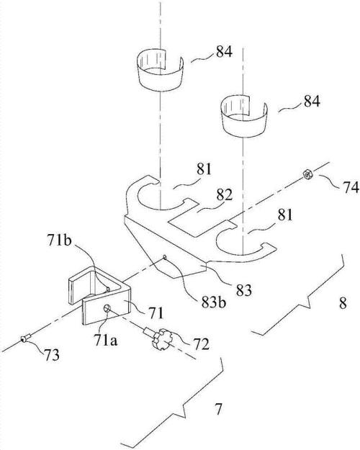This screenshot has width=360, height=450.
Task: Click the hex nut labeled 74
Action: point(308,174)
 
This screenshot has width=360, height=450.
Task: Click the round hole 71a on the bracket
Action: point(107,308)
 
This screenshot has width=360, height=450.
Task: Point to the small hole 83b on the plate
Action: point(164,256)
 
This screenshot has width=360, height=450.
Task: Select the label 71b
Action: point(60,240)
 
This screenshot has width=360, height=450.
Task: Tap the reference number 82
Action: point(224,195)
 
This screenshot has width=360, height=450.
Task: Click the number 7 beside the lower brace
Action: point(219,409)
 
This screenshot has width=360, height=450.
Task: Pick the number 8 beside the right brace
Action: point(343,303)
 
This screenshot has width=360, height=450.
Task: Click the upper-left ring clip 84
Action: point(160,71)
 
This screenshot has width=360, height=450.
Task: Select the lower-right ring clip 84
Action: point(244,116)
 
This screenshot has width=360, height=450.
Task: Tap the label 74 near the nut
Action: point(351,188)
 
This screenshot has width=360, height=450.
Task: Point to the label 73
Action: point(52,355)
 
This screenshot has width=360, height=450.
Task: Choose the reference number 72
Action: point(201,344)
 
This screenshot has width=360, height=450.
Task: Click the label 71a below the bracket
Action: point(105,341)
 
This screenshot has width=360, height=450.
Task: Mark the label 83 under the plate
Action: point(244,290)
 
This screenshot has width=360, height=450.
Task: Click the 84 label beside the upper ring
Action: point(224,52)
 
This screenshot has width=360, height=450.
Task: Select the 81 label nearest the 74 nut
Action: point(284,215)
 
